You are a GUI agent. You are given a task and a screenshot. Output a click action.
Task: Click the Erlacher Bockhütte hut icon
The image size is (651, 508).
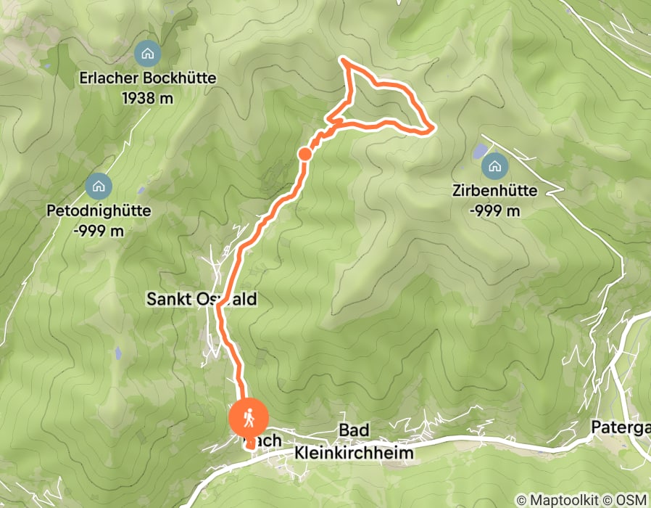tap(148, 53)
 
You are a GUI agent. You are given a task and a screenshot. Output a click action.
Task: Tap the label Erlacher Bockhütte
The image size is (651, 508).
tap(148, 78)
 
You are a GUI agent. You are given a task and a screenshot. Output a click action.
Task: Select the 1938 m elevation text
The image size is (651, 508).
tap(148, 97)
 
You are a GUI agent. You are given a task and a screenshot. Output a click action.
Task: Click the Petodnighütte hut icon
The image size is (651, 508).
tap(99, 186)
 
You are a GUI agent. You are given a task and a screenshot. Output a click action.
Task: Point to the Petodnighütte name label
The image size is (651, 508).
tap(99, 211)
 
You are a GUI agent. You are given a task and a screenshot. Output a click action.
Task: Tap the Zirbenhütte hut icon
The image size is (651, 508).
tap(495, 166)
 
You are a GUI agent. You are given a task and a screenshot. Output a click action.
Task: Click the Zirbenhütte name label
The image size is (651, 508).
tap(495, 192)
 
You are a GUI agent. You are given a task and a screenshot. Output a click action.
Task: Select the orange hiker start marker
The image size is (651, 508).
tap(249, 419)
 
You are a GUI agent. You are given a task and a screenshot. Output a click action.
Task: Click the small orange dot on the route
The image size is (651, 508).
tap(305, 154)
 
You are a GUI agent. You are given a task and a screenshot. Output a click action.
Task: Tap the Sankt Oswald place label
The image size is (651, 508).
tap(202, 299)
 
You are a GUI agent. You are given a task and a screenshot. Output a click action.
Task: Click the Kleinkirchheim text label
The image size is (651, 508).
tap(354, 453)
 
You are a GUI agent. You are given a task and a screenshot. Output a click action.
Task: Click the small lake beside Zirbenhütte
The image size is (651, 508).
tap(480, 152)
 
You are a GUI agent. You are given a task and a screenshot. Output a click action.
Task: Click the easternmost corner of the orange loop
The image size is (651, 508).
tap(433, 130)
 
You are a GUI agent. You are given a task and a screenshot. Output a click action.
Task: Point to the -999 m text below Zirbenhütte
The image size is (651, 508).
tap(495, 210)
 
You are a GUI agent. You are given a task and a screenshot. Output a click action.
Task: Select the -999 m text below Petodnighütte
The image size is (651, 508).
tap(99, 231)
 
